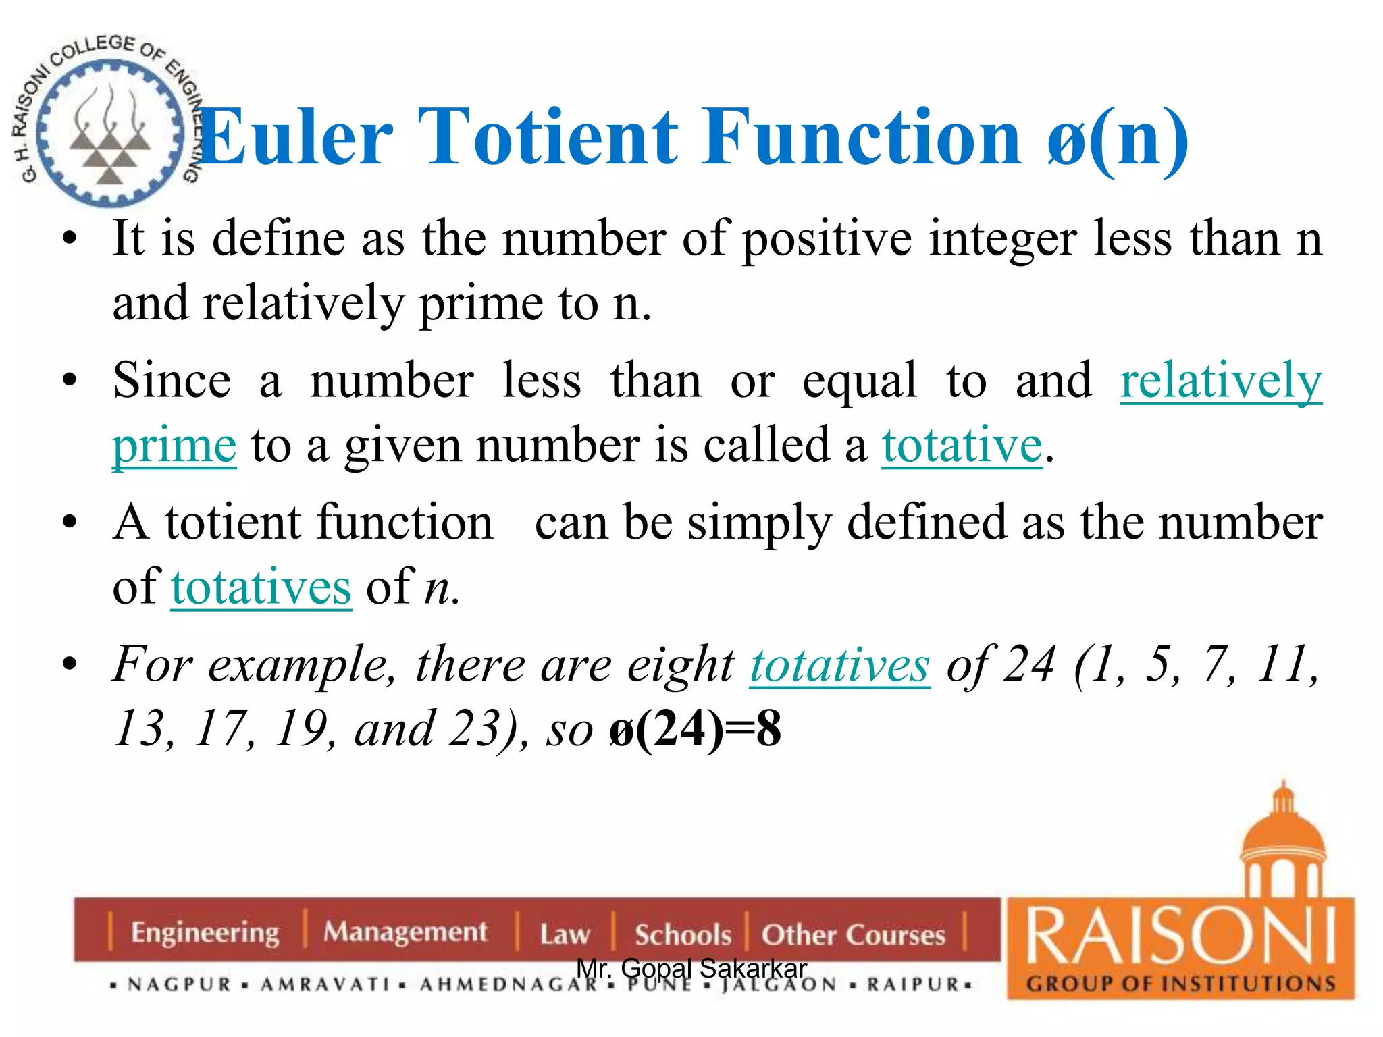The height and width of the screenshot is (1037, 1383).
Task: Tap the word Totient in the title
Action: click(548, 138)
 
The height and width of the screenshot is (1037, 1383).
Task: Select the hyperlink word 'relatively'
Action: click(1220, 381)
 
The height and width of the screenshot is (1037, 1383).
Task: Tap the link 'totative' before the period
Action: click(962, 446)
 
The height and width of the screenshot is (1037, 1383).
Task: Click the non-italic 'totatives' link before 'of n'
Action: click(261, 587)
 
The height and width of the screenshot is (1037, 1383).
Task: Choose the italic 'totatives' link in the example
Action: click(839, 665)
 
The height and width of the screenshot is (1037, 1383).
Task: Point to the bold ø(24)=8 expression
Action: click(695, 730)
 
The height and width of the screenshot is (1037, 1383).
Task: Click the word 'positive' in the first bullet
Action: click(827, 239)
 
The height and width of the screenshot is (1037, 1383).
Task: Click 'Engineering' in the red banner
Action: click(205, 932)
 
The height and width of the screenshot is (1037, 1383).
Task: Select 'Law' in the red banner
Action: click(565, 934)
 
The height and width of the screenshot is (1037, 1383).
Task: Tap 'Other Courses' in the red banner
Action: click(853, 934)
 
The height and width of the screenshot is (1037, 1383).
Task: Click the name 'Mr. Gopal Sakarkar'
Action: click(691, 968)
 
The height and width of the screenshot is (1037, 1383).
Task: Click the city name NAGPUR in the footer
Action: click(180, 984)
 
